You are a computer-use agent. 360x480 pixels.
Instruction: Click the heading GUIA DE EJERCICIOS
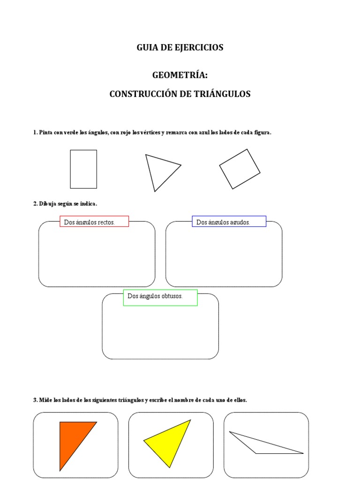point(180,47)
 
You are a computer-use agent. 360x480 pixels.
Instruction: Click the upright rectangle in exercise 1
point(83,169)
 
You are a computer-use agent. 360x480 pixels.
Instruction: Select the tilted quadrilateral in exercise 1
point(240,169)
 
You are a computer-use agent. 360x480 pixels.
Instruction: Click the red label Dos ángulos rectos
point(94,222)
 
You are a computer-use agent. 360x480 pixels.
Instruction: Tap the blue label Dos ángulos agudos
point(229,222)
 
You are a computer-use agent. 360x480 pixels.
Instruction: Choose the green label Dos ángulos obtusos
point(160,297)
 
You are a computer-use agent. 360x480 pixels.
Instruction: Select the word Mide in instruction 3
point(45,400)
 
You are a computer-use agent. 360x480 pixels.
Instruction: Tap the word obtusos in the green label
point(171,297)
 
